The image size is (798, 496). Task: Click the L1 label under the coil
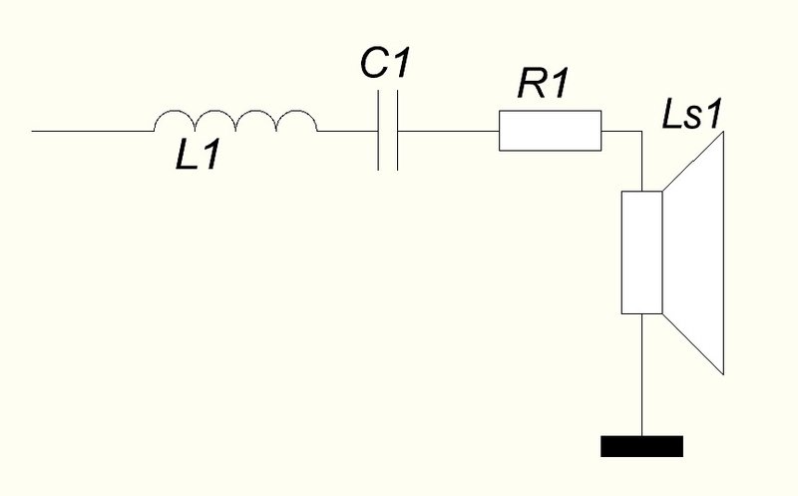click(x=198, y=155)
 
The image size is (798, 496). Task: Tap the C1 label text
click(x=385, y=63)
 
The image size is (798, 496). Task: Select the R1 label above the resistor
click(x=543, y=83)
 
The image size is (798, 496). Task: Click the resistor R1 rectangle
click(x=550, y=131)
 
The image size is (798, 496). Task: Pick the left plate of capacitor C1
click(x=378, y=131)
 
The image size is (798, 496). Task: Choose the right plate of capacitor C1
click(x=397, y=131)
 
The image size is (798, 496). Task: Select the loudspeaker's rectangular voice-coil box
click(x=641, y=252)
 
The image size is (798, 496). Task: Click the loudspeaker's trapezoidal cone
click(x=693, y=253)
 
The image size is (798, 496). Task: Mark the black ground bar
click(x=641, y=446)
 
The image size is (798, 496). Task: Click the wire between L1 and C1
click(x=347, y=131)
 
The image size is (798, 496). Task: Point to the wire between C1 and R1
click(x=448, y=131)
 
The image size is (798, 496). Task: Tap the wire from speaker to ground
click(x=641, y=375)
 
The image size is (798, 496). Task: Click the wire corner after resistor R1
click(x=641, y=131)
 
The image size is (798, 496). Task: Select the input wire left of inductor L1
click(x=93, y=131)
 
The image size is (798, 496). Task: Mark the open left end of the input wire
click(x=32, y=131)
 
